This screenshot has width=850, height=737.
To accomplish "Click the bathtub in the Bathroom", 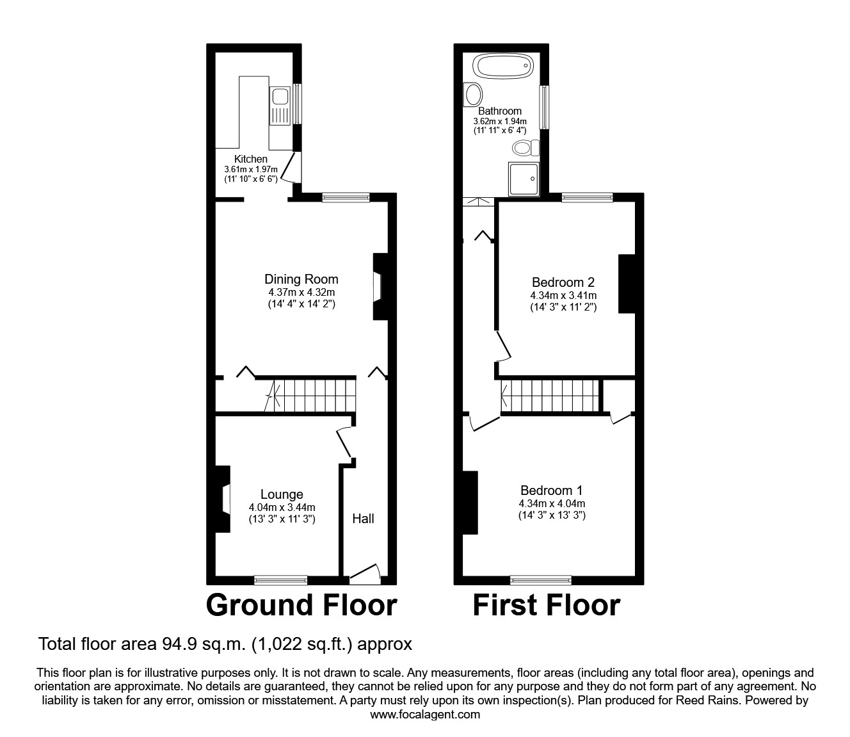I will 502,65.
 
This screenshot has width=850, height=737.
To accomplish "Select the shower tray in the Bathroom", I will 524,179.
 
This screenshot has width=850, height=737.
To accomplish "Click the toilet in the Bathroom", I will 526,149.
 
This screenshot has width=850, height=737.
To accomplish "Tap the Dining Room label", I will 301,279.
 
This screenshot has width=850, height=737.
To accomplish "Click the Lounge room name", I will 282,494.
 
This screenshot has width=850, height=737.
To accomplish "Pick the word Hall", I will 363,519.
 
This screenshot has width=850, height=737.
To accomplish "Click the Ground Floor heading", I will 301,605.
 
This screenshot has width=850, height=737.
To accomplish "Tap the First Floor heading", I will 546,605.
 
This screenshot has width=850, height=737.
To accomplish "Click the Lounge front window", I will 280,580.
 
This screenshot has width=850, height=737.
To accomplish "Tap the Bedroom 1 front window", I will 541,580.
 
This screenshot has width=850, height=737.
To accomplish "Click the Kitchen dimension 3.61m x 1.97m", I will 250,169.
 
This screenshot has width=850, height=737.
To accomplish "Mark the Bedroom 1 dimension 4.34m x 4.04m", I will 552,503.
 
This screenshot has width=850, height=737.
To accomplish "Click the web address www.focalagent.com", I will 425,715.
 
